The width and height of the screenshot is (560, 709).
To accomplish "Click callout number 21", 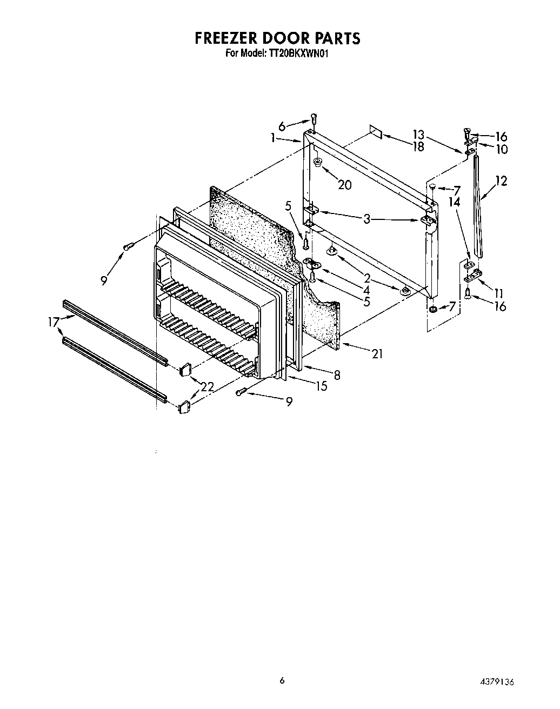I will (x=377, y=354).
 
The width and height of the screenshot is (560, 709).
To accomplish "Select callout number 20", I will (x=344, y=185).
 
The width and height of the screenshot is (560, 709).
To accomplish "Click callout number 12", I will (x=501, y=181).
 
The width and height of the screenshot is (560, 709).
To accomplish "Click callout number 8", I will (x=337, y=374).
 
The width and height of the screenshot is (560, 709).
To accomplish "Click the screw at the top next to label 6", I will (x=314, y=117).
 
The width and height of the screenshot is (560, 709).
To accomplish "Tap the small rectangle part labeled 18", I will (x=376, y=132).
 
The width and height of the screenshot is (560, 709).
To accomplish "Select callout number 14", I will (x=455, y=202).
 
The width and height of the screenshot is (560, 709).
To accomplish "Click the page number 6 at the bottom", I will (x=282, y=680).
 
